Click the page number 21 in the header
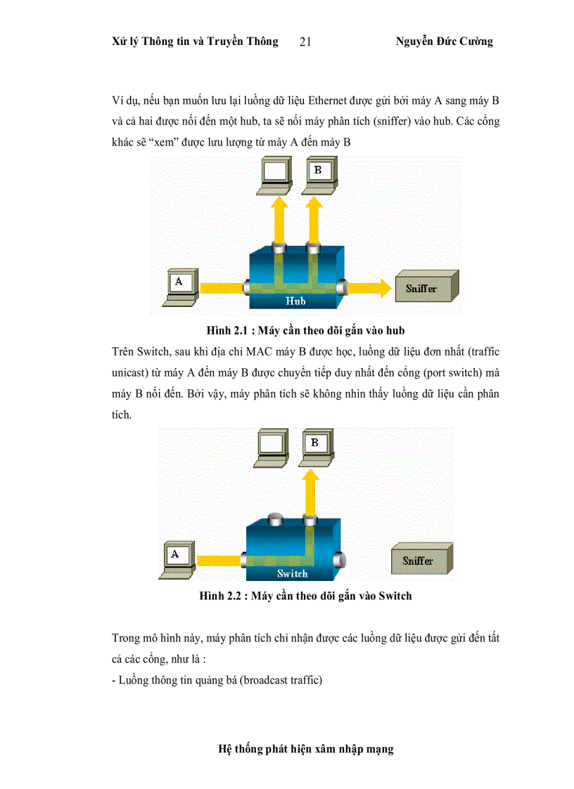(305, 42)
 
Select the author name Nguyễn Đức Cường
(444, 41)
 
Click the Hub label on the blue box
(295, 301)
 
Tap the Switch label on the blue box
(292, 573)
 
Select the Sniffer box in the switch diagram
(418, 561)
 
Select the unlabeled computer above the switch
(271, 448)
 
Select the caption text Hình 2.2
(222, 596)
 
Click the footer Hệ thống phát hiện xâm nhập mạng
(306, 749)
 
